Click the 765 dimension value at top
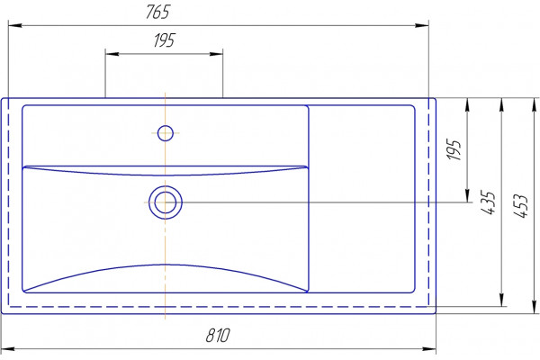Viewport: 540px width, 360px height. click(x=158, y=12)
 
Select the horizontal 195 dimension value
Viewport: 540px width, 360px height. click(x=165, y=40)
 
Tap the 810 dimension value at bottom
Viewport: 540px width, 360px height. click(x=218, y=335)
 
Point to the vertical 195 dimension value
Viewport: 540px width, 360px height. click(x=454, y=149)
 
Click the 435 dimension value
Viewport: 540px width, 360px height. click(x=489, y=202)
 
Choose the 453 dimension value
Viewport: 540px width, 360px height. click(x=521, y=206)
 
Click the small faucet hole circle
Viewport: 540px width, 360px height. click(x=166, y=133)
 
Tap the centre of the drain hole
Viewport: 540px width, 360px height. click(x=166, y=202)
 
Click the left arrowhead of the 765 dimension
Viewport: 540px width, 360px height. click(x=15, y=25)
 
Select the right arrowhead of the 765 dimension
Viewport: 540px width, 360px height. click(x=422, y=25)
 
